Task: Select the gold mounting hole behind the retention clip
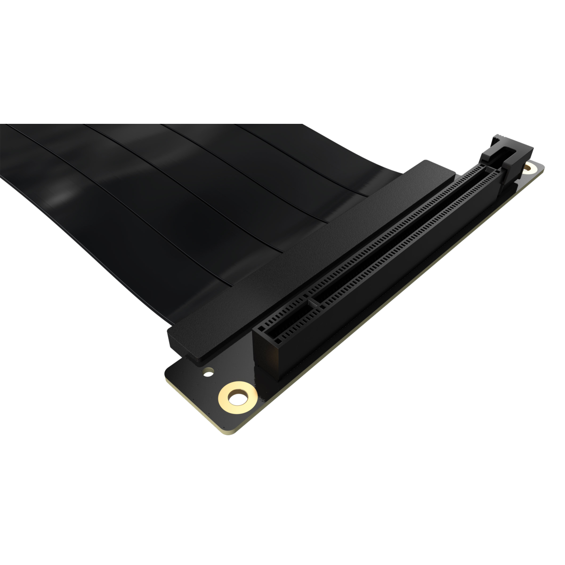(x=533, y=167)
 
